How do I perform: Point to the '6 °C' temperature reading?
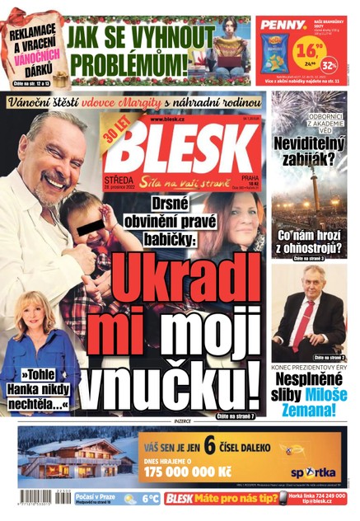[148, 499]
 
